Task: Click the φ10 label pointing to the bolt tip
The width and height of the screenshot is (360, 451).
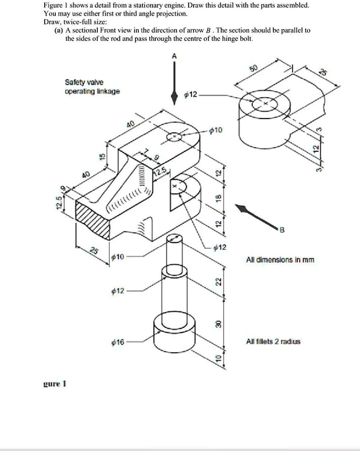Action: pos(118,256)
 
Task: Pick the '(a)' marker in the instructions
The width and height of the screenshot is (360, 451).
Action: pos(59,30)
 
